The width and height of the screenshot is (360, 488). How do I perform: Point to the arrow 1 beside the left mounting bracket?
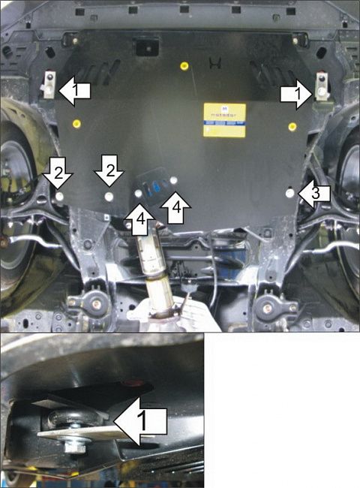coord(75,92)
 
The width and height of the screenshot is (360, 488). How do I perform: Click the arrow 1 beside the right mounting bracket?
coord(298,93)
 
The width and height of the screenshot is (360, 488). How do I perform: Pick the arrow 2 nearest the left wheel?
coord(58,174)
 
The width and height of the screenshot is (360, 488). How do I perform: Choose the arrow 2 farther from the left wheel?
coord(109,174)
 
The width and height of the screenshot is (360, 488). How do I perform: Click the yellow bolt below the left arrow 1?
coord(76,122)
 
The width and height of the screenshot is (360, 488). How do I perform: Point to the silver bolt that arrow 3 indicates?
coord(290,193)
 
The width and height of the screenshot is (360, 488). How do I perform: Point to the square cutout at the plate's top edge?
coord(143,46)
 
